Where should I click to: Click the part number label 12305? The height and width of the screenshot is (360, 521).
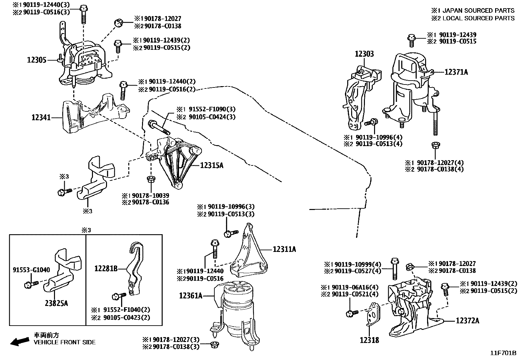tap(37, 60)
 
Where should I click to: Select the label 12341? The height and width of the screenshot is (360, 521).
tap(41, 117)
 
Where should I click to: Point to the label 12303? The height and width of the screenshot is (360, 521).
tap(364, 54)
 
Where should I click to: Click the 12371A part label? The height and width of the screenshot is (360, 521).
tap(456, 72)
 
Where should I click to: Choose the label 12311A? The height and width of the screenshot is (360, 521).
tap(284, 250)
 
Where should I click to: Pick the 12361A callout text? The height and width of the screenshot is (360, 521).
tap(191, 296)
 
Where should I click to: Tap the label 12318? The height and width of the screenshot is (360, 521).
tap(369, 340)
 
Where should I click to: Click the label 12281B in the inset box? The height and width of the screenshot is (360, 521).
tap(106, 269)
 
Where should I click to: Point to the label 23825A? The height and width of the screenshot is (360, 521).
tap(56, 303)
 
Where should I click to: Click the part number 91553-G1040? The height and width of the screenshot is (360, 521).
tap(31, 270)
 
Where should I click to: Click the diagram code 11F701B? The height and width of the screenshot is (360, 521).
tap(503, 353)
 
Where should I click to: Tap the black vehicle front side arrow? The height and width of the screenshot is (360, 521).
tap(19, 342)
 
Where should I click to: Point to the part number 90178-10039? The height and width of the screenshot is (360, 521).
tap(151, 195)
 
